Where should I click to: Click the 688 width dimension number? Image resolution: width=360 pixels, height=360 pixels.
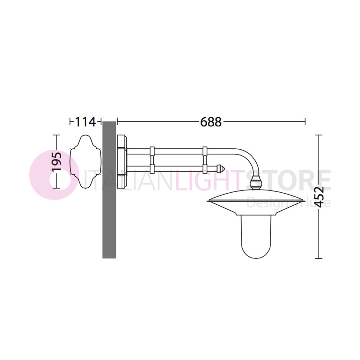tap(211, 122)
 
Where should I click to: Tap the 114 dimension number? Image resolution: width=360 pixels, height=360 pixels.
tap(85, 122)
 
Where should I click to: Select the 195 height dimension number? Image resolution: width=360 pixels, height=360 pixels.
tap(57, 161)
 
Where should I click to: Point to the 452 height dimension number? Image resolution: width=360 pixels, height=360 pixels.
tap(319, 197)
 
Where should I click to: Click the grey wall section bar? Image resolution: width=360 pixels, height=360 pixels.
tap(109, 190)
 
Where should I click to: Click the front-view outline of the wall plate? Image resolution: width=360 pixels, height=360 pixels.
tap(85, 162)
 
